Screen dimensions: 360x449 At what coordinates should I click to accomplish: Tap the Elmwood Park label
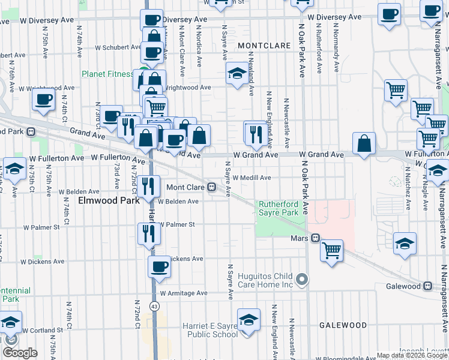pyautogui.click(x=105, y=200)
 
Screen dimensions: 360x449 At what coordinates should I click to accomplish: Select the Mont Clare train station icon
pyautogui.click(x=212, y=187)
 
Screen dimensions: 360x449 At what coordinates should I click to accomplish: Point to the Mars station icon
pyautogui.click(x=314, y=238)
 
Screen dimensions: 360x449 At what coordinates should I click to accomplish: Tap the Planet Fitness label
pyautogui.click(x=108, y=74)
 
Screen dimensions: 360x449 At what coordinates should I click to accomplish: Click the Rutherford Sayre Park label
pyautogui.click(x=278, y=208)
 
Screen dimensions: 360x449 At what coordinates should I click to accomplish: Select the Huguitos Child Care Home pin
pyautogui.click(x=303, y=280)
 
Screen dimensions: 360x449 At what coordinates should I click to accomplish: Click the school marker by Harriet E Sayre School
pyautogui.click(x=248, y=321)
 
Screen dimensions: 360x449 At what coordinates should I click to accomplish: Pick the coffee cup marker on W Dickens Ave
pyautogui.click(x=159, y=267)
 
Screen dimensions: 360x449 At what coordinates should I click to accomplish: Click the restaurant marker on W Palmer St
pyautogui.click(x=148, y=234)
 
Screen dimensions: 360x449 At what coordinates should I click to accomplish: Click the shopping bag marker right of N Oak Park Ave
pyautogui.click(x=364, y=145)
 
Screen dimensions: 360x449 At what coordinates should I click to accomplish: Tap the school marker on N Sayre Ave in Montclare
pyautogui.click(x=237, y=74)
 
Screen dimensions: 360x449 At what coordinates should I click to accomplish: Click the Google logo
pyautogui.click(x=20, y=353)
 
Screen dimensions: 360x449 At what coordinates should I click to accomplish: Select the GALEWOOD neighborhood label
pyautogui.click(x=343, y=325)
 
